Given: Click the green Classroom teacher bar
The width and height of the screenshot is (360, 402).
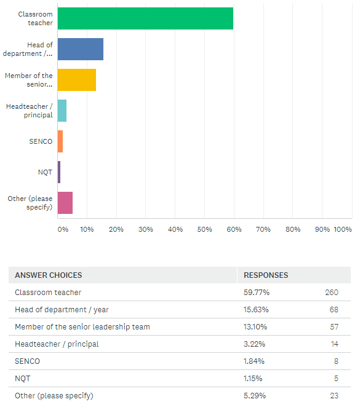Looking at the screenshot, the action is tap(145, 18).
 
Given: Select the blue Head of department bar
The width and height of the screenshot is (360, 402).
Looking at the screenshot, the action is tap(81, 49).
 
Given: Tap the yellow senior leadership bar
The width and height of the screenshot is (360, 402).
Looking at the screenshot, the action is tap(77, 80).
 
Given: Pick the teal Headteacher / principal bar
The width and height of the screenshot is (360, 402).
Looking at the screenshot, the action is tap(62, 111).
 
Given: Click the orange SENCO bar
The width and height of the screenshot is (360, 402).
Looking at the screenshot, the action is tap(60, 141).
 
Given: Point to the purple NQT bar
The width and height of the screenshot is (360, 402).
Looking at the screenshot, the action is tap(59, 172).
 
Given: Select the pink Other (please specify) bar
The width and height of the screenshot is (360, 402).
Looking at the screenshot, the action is tap(65, 203).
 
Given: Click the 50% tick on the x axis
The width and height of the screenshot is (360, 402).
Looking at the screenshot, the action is tap(204, 229).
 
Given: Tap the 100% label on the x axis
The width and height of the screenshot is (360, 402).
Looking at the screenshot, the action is tap(343, 229).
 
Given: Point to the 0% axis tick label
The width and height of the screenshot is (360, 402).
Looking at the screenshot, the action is tap(63, 229).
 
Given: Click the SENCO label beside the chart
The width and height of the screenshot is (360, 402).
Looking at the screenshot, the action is tap(41, 141).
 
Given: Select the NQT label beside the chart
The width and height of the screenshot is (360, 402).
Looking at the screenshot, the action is tap(45, 172).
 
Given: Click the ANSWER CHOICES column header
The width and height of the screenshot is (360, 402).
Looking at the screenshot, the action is tap(49, 275).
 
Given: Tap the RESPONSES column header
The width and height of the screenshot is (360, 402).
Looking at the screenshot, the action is tap(266, 275).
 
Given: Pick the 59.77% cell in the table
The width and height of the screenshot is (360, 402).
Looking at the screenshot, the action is tap(257, 293).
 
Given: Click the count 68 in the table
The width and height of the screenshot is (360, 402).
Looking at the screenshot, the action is tap(334, 310).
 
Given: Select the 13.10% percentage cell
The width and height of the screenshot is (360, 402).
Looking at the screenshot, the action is tap(255, 327).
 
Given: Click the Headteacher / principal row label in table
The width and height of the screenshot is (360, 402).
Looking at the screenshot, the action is tap(57, 344).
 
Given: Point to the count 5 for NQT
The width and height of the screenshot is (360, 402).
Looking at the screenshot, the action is tap(336, 379).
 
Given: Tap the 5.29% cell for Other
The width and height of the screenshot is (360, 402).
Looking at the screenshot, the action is tap(255, 396).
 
